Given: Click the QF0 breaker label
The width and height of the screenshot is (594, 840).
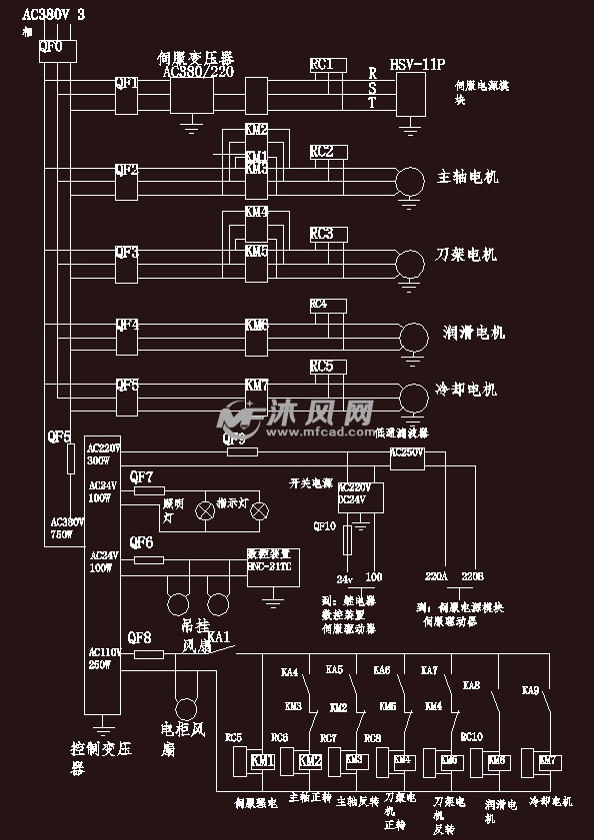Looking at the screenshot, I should (x=50, y=47).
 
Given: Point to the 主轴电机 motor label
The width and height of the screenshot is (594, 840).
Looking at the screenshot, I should (x=467, y=178).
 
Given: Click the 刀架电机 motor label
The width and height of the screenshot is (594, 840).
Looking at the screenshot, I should (x=466, y=255).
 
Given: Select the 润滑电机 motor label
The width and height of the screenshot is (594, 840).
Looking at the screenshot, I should (x=474, y=333).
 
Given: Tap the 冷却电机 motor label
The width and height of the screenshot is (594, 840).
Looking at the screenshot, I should (x=466, y=391).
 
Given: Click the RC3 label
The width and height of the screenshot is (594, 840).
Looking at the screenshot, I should (x=322, y=234).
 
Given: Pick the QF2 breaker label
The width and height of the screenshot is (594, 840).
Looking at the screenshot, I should (x=127, y=170).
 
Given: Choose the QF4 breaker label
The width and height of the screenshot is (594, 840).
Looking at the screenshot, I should (x=127, y=326).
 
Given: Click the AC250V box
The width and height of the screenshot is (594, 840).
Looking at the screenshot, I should (x=407, y=452).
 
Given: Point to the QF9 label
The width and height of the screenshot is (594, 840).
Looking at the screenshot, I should (x=234, y=438).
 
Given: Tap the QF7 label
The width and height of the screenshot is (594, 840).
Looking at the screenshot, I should (x=142, y=476).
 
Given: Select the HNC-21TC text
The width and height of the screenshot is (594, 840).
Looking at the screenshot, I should (x=269, y=566).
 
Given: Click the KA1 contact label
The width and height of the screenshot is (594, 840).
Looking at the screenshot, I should (x=219, y=636).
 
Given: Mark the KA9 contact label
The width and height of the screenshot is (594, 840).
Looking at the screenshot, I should (x=531, y=690).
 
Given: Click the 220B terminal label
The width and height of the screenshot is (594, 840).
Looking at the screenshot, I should (x=472, y=577).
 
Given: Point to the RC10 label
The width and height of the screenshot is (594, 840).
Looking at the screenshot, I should (x=471, y=737).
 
